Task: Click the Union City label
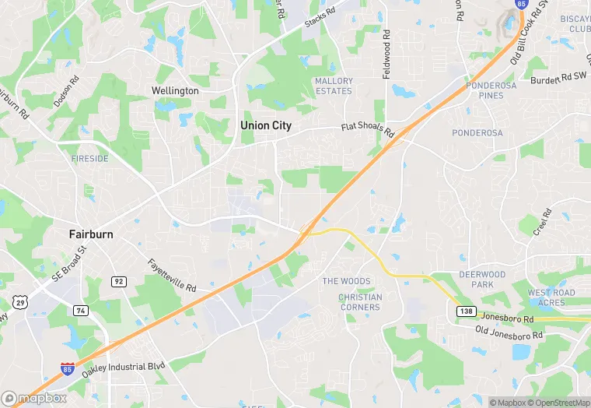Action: (265, 125)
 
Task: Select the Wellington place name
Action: (175, 91)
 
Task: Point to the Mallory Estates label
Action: (334, 86)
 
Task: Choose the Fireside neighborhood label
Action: (90, 158)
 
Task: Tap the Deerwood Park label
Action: (482, 280)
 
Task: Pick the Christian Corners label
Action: (360, 302)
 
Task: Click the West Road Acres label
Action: (551, 297)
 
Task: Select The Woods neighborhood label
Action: (346, 281)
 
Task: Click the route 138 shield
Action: (464, 311)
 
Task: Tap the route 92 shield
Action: (118, 281)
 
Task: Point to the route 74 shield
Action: (80, 310)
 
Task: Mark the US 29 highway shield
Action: (19, 301)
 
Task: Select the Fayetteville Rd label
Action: (171, 275)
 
